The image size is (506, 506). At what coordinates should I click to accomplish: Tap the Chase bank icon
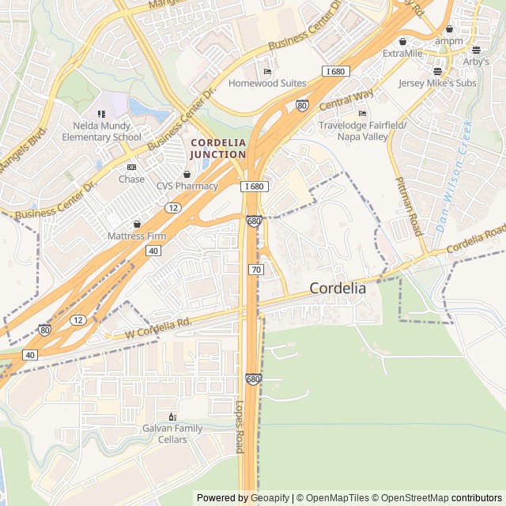(x=131, y=167)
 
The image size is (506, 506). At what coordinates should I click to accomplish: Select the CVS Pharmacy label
(x=187, y=186)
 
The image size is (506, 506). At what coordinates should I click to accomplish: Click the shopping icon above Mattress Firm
(x=137, y=224)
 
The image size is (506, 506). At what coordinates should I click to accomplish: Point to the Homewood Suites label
(x=266, y=83)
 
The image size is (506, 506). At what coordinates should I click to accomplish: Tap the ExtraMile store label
(x=402, y=54)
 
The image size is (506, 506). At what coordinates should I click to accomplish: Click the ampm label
(x=449, y=40)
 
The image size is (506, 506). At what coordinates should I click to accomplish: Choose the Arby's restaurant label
(x=476, y=62)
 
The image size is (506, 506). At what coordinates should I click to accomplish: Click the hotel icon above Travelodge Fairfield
(x=362, y=113)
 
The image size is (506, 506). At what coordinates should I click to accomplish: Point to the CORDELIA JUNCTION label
(x=217, y=148)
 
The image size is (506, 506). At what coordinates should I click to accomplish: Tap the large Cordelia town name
(x=338, y=289)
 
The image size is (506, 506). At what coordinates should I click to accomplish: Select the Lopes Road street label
(x=240, y=427)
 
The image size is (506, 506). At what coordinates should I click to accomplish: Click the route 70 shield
(x=255, y=270)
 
